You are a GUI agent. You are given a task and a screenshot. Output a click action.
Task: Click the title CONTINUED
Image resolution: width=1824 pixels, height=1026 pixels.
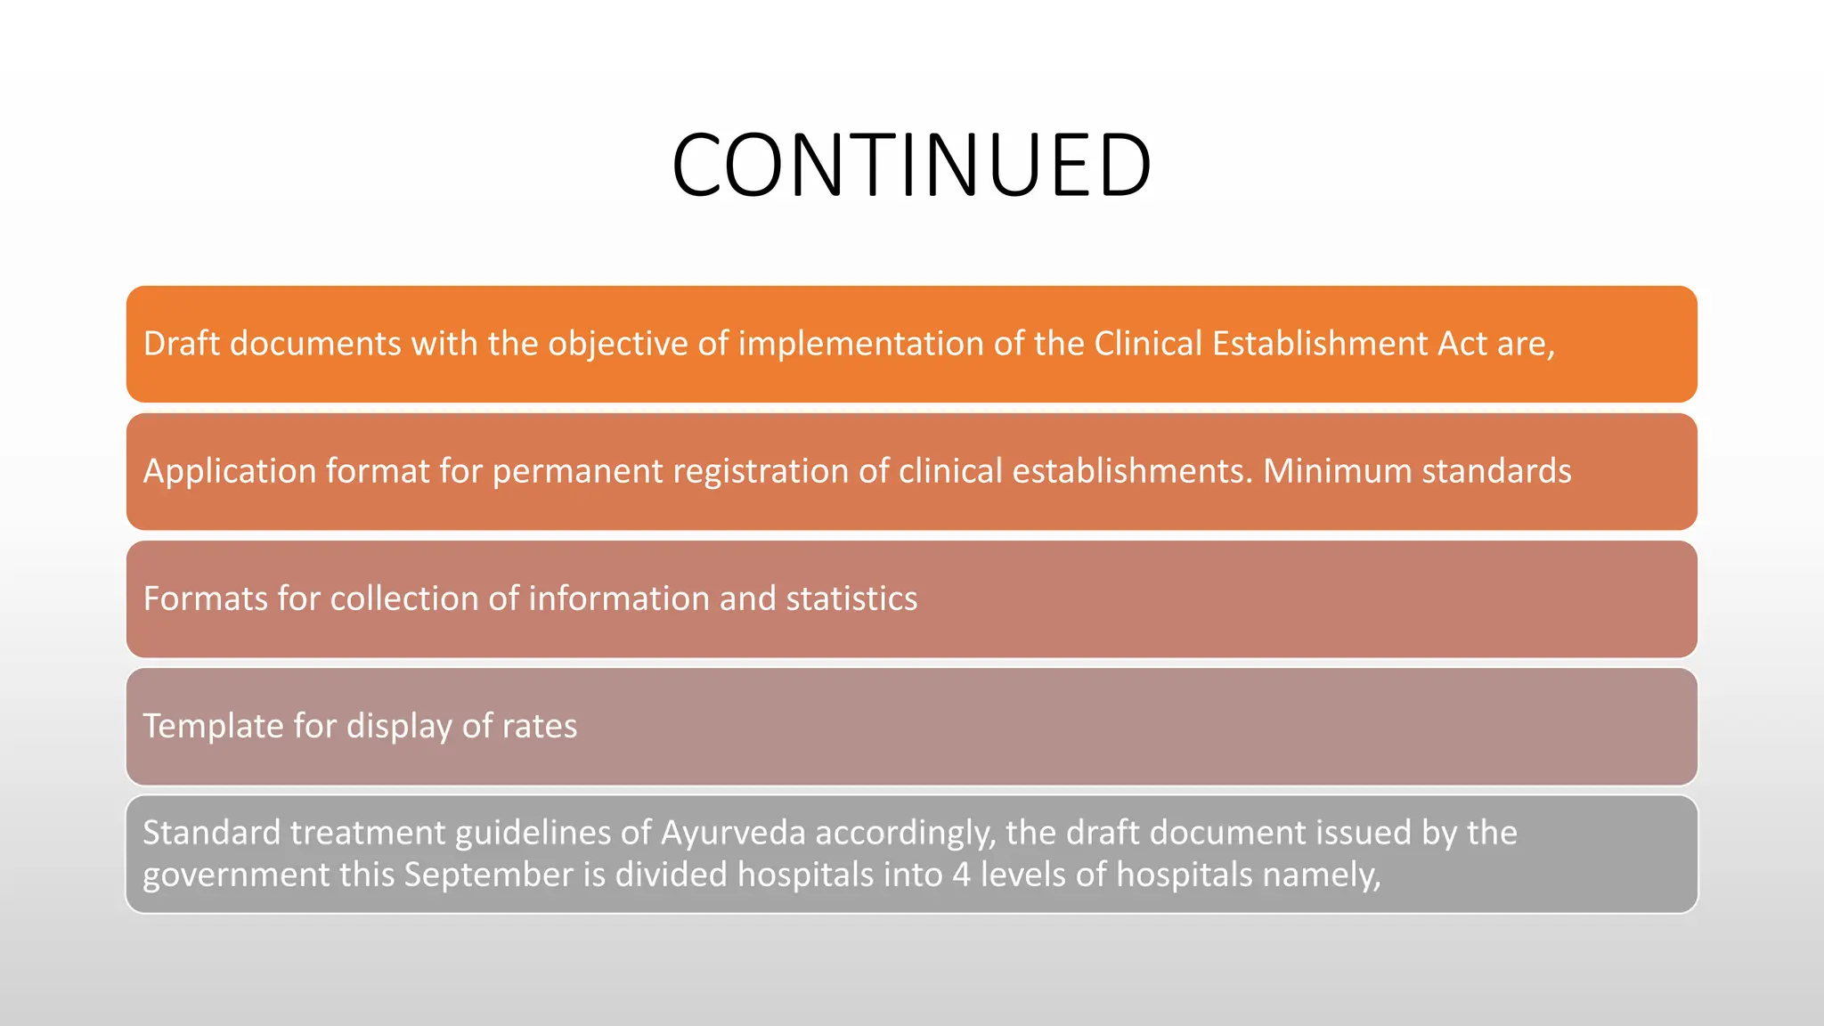[911, 166]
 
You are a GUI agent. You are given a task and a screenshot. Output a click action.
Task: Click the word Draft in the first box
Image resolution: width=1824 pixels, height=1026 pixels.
[182, 344]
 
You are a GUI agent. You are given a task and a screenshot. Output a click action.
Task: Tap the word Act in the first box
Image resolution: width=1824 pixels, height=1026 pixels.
[1462, 344]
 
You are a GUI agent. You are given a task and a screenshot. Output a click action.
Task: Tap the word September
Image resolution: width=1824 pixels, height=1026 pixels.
[488, 875]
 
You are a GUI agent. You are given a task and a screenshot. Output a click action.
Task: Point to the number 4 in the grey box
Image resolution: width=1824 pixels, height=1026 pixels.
[961, 875]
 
